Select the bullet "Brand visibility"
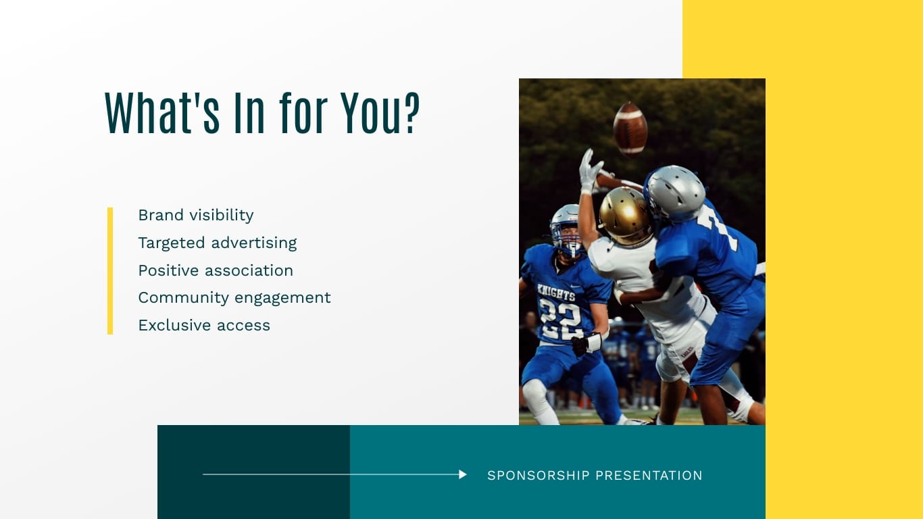pyautogui.click(x=196, y=215)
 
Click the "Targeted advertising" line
pyautogui.click(x=218, y=243)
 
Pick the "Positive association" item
pyautogui.click(x=216, y=270)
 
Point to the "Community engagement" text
pyautogui.click(x=234, y=297)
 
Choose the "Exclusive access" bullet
pyautogui.click(x=204, y=325)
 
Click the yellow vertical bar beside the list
pyautogui.click(x=110, y=270)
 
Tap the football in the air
pyautogui.click(x=630, y=128)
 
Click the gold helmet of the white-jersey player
pyautogui.click(x=625, y=216)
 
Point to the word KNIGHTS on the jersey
pyautogui.click(x=556, y=292)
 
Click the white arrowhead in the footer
pyautogui.click(x=463, y=474)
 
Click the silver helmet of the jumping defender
pyautogui.click(x=674, y=193)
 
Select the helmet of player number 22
pyautogui.click(x=566, y=228)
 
